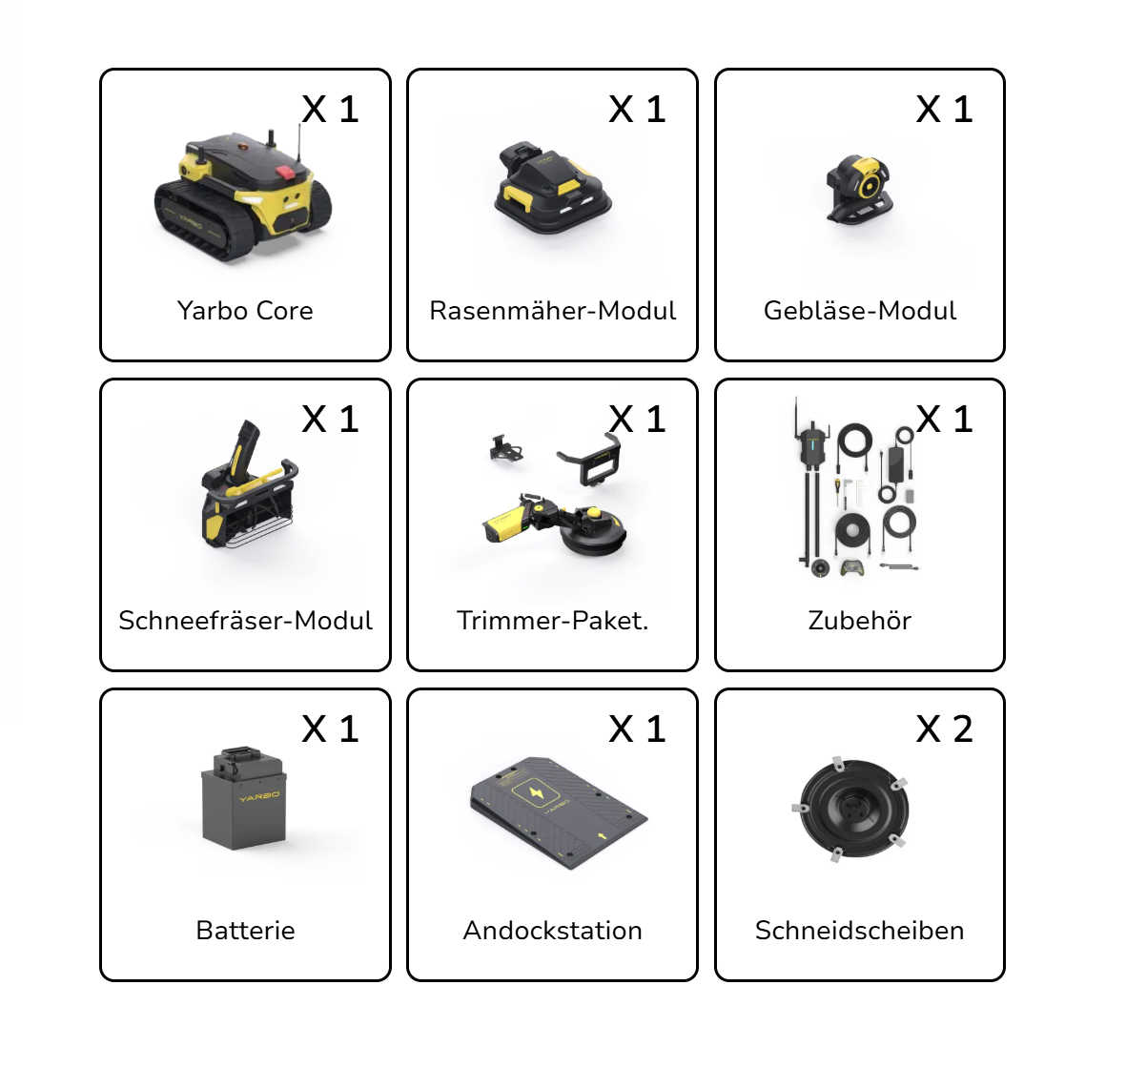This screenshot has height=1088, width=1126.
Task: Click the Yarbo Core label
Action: [245, 311]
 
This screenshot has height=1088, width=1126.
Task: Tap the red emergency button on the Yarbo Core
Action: [285, 174]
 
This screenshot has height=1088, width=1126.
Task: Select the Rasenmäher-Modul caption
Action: [552, 311]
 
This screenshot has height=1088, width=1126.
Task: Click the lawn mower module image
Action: [552, 187]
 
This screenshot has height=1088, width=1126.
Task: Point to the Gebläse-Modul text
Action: [860, 311]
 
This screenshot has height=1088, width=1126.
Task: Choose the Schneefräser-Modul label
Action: [246, 621]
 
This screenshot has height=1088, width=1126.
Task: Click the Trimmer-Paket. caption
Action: [552, 621]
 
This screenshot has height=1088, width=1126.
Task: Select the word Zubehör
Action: [860, 621]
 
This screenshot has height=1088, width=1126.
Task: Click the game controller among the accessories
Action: [853, 567]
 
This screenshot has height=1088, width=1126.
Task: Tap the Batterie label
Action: [246, 931]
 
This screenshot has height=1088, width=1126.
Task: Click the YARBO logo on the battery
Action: [259, 796]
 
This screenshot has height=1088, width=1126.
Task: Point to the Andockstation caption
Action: [552, 931]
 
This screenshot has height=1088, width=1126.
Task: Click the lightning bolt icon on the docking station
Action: [536, 793]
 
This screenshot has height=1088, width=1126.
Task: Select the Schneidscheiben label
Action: [860, 931]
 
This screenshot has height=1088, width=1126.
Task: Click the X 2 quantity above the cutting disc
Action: [944, 729]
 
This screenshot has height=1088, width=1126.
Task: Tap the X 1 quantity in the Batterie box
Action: [330, 729]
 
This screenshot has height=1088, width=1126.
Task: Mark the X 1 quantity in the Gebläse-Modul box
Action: [944, 110]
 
